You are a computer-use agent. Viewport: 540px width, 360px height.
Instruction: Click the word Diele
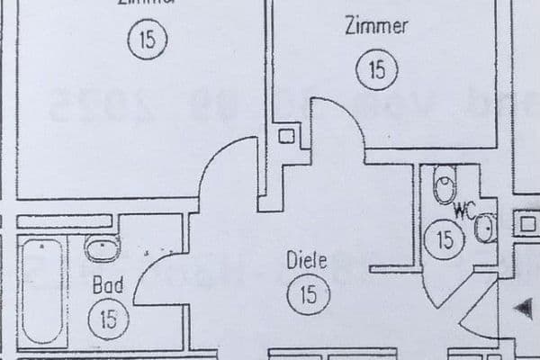[306, 261]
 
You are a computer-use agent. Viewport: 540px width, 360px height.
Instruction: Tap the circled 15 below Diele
[309, 295]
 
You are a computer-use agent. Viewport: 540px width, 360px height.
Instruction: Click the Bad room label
[108, 285]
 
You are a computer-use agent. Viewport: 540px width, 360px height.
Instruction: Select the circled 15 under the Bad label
[108, 318]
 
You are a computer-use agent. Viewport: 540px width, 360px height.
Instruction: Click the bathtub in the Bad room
[40, 290]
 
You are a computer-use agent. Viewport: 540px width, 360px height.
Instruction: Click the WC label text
[464, 213]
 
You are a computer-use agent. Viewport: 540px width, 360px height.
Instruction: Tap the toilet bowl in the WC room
[445, 186]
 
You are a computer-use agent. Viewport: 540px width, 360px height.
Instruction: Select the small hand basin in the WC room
[484, 229]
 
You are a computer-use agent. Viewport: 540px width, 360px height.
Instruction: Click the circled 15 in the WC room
[445, 239]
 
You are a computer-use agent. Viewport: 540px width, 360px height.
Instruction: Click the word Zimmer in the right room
[375, 26]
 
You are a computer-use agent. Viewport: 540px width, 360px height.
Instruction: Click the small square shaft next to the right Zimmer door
[286, 137]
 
